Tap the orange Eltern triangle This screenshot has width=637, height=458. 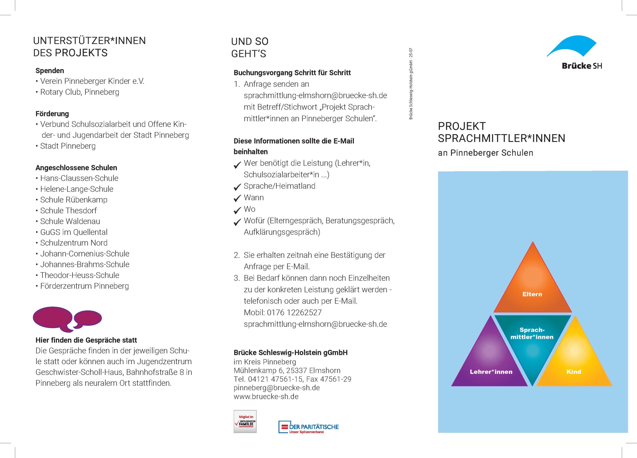click(x=532, y=286)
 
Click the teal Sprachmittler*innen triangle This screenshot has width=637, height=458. click(x=532, y=343)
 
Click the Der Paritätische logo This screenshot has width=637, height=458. click(x=308, y=427)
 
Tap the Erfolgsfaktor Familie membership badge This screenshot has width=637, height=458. click(x=245, y=421)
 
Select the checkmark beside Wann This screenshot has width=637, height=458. click(x=237, y=198)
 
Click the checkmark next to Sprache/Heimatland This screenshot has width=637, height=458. click(x=237, y=187)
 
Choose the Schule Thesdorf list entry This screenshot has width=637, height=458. click(x=68, y=210)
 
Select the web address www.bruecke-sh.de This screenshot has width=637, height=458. click(x=266, y=397)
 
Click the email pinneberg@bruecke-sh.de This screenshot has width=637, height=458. click(x=277, y=388)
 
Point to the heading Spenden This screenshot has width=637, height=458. click(x=50, y=70)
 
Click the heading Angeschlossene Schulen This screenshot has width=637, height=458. click(x=76, y=168)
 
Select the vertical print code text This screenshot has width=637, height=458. click(x=411, y=84)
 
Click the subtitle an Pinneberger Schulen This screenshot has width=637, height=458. click(x=485, y=153)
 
